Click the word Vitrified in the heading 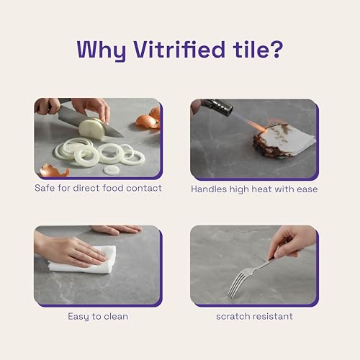179,50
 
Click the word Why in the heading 102,51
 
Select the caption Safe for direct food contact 98,188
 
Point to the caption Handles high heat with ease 254,189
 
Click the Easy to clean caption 98,317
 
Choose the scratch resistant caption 254,316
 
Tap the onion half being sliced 92,128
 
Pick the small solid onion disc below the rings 112,170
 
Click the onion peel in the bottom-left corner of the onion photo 55,170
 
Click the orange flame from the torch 256,126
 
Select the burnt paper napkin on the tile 284,140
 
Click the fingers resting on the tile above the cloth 117,230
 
